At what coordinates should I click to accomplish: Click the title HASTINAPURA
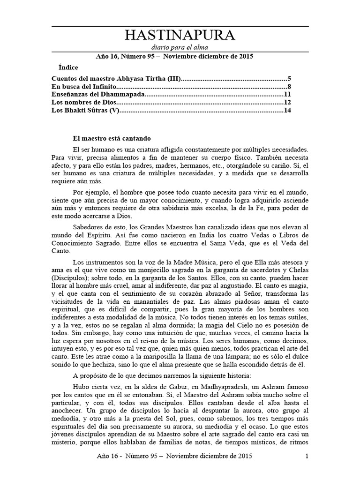(180, 36)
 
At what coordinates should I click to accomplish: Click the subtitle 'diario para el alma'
(180, 47)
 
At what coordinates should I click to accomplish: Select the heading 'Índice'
(69, 67)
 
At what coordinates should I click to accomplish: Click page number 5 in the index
(290, 79)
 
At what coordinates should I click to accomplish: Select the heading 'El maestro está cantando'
(112, 138)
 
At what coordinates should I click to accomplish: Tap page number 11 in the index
(288, 95)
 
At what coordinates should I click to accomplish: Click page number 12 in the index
(288, 103)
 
